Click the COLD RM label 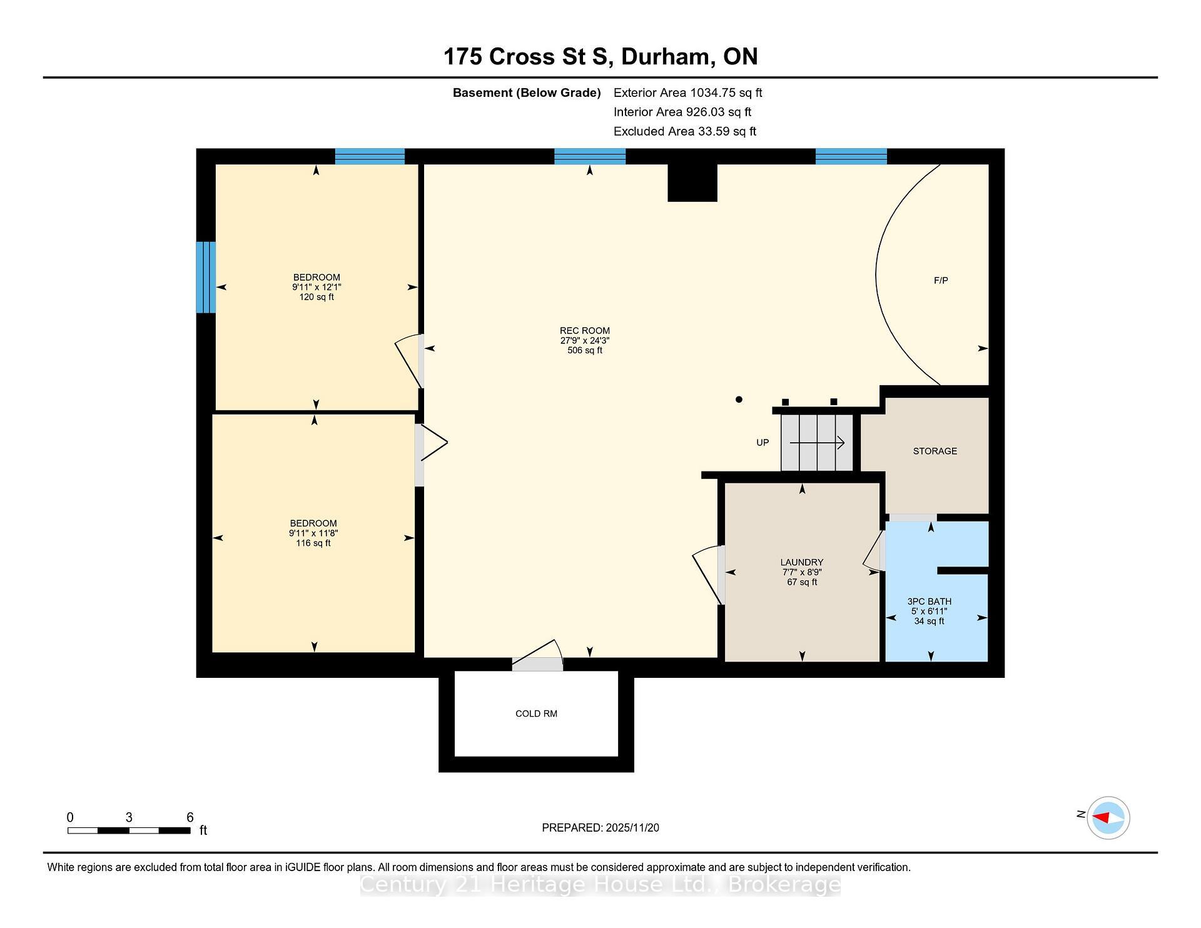click(x=536, y=714)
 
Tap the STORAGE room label click(x=935, y=451)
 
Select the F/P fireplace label click(x=940, y=280)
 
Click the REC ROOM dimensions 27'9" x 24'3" click(x=584, y=341)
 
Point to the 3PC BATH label click(x=929, y=602)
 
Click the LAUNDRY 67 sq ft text click(x=802, y=582)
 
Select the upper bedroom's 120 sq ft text click(x=317, y=297)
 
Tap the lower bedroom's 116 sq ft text click(x=313, y=543)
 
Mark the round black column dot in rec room click(x=739, y=399)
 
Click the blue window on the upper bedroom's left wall click(x=206, y=277)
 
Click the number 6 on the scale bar click(x=190, y=817)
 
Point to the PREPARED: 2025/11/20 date click(x=600, y=828)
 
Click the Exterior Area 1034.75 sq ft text click(x=687, y=93)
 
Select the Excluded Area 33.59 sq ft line click(x=684, y=131)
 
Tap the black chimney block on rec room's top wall click(x=692, y=183)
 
